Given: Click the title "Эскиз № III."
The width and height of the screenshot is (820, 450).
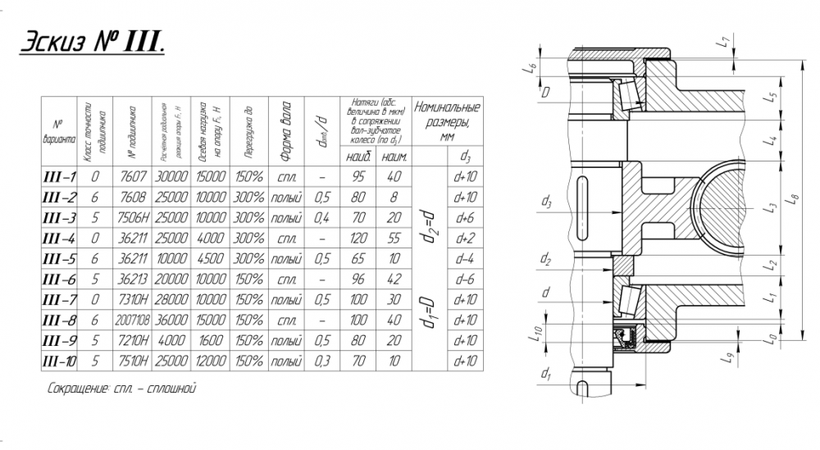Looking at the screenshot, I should point(92,43).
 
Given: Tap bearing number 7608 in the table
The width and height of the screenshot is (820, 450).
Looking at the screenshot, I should point(130,197).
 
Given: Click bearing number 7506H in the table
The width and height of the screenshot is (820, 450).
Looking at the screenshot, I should point(130,218).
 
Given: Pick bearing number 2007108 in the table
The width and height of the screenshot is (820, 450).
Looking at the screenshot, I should point(130,320).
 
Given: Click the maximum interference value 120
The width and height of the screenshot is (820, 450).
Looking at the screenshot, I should point(356,238).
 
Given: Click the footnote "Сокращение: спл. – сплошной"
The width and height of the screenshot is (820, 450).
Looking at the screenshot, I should point(122,388).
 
